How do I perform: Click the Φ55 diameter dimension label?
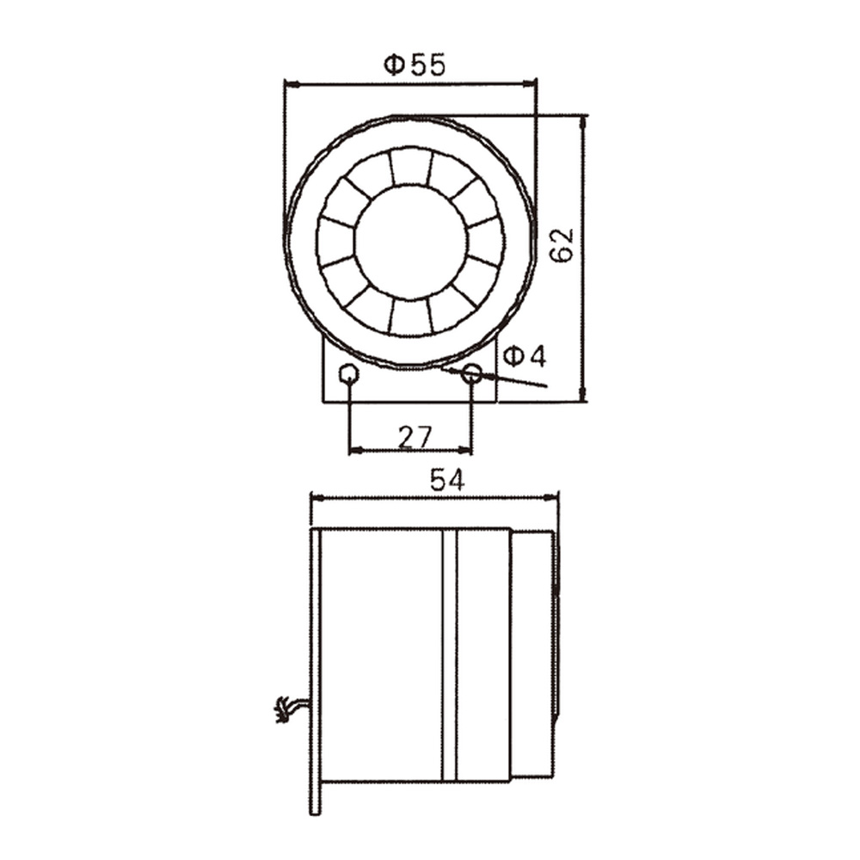tap(415, 64)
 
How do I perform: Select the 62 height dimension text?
tap(562, 245)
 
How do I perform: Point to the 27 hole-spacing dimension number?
tap(415, 437)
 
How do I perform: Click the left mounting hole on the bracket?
tap(348, 374)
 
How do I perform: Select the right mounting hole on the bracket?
tap(472, 374)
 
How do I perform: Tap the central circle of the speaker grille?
tap(410, 242)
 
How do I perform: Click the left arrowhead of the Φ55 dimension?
tap(289, 84)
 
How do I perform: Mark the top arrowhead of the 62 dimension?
tap(584, 120)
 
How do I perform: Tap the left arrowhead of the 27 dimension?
tap(353, 449)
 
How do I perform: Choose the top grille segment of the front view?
tap(410, 166)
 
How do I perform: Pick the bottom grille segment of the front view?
tap(410, 317)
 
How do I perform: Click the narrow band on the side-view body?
tap(449, 654)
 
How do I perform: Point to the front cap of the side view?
tap(533, 654)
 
